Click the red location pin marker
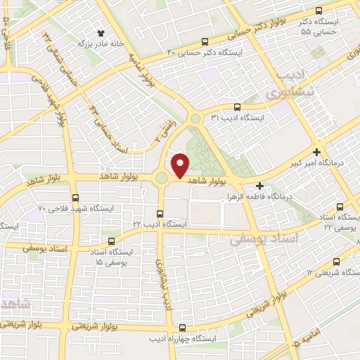[x=180, y=165]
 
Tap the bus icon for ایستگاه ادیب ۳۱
[x=236, y=108]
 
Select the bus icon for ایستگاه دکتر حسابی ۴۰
[x=205, y=41]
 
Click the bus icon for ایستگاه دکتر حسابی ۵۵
[x=319, y=11]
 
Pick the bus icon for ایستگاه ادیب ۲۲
[x=160, y=213]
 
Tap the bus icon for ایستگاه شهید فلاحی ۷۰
[x=76, y=198]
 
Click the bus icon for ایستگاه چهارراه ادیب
[x=183, y=328]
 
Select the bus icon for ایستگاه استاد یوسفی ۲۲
[x=340, y=207]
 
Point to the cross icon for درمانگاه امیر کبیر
[x=317, y=152]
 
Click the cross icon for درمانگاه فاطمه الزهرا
[x=260, y=186]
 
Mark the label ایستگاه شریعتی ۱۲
[x=330, y=272]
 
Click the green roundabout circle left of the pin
[x=162, y=179]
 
